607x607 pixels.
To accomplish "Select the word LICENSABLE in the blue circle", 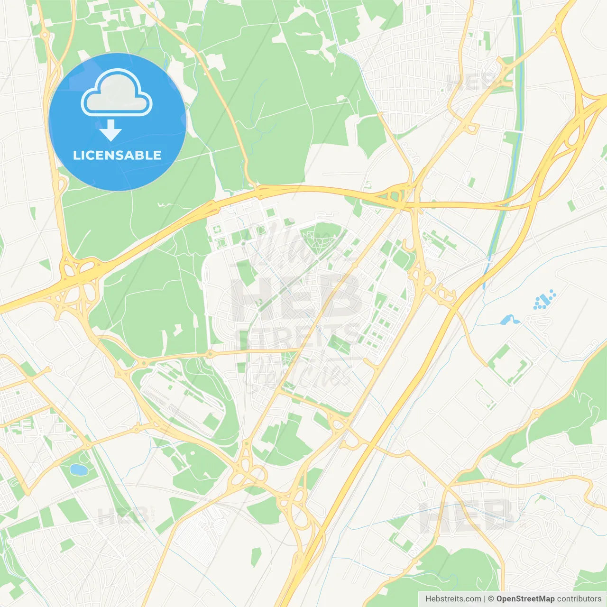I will pyautogui.click(x=117, y=155).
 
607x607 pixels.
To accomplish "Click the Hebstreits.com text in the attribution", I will pyautogui.click(x=453, y=599).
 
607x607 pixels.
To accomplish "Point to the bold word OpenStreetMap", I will pyautogui.click(x=525, y=599).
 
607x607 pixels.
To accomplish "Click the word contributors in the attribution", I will pyautogui.click(x=579, y=599).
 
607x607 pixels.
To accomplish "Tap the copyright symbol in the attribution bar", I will pyautogui.click(x=491, y=599).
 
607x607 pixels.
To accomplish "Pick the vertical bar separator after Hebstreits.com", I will pyautogui.click(x=485, y=599).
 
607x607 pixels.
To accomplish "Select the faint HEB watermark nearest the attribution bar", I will pyautogui.click(x=467, y=515).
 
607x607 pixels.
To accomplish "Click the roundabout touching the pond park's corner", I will pyautogui.click(x=88, y=445).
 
